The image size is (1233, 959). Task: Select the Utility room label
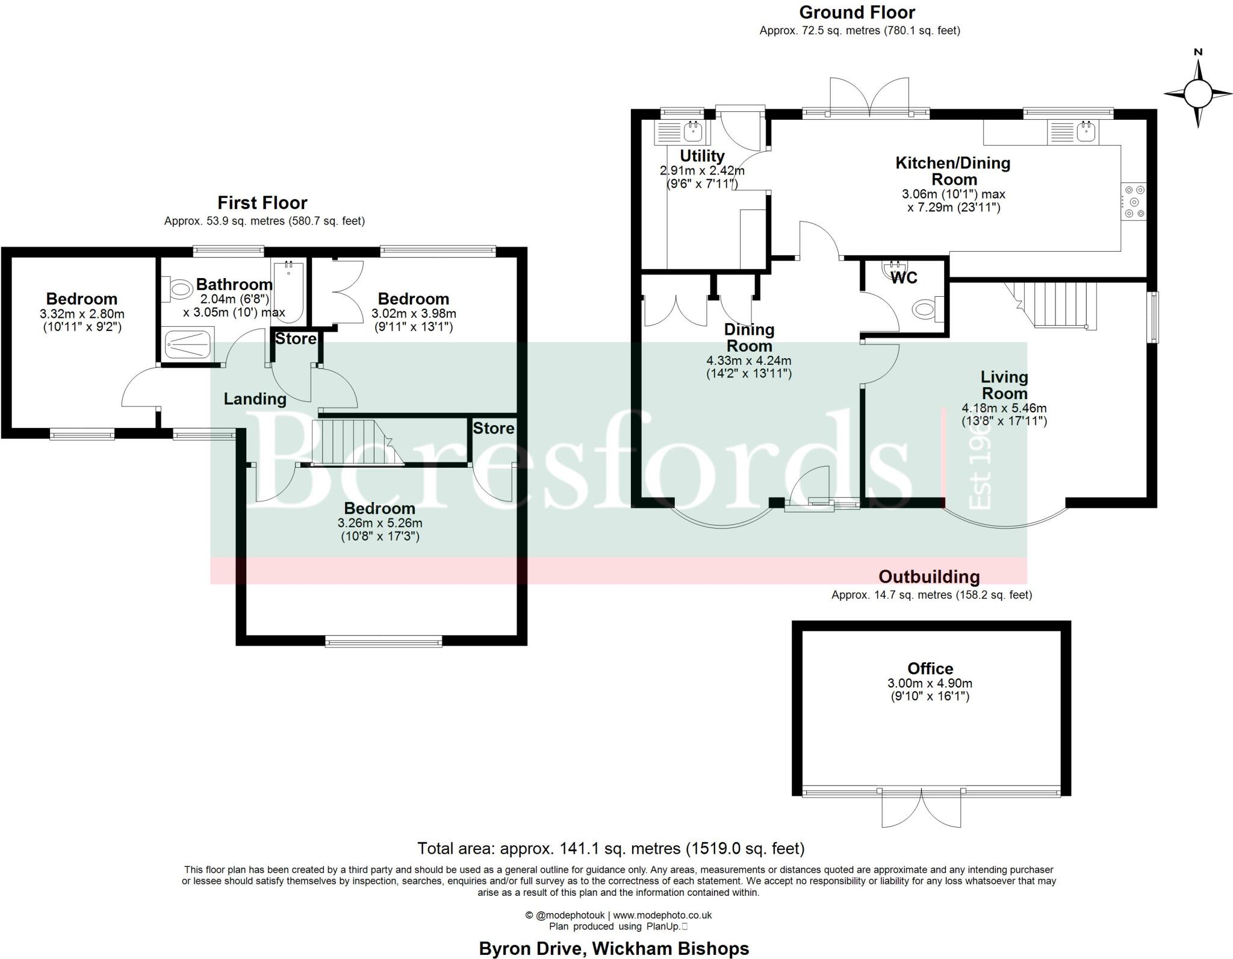(x=702, y=156)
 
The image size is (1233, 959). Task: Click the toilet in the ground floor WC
(x=924, y=309)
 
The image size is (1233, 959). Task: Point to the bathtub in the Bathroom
(x=289, y=291)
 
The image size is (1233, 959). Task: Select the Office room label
(x=930, y=668)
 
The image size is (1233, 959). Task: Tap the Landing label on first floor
(x=255, y=399)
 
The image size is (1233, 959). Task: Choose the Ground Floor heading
(x=857, y=12)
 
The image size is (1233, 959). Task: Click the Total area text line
(x=610, y=848)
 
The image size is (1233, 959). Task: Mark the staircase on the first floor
(x=355, y=442)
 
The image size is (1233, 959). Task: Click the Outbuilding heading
(x=929, y=577)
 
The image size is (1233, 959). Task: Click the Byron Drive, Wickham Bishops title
(x=613, y=948)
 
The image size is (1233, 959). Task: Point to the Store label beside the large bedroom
(x=493, y=428)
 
